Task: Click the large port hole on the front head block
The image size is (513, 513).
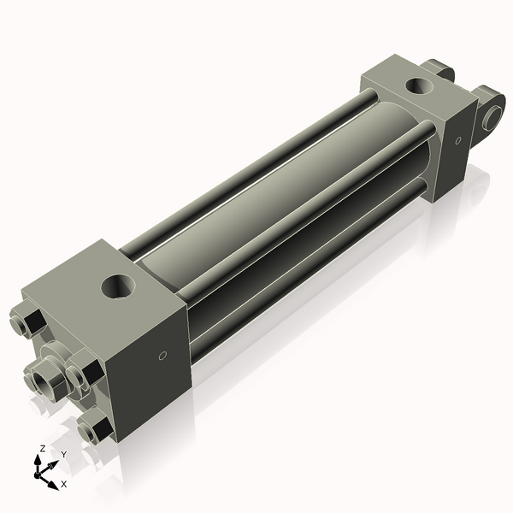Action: tap(117, 286)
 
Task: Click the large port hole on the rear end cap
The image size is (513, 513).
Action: tap(420, 85)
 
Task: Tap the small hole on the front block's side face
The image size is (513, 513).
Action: tap(162, 356)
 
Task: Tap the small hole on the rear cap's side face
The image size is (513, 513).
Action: tap(458, 139)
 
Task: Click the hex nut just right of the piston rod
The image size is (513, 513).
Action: tap(83, 375)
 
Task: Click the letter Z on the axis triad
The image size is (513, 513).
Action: tap(43, 448)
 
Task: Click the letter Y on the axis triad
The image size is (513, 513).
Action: tap(63, 454)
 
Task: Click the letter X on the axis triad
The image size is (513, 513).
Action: tap(64, 484)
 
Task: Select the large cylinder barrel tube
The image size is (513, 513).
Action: tap(282, 188)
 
